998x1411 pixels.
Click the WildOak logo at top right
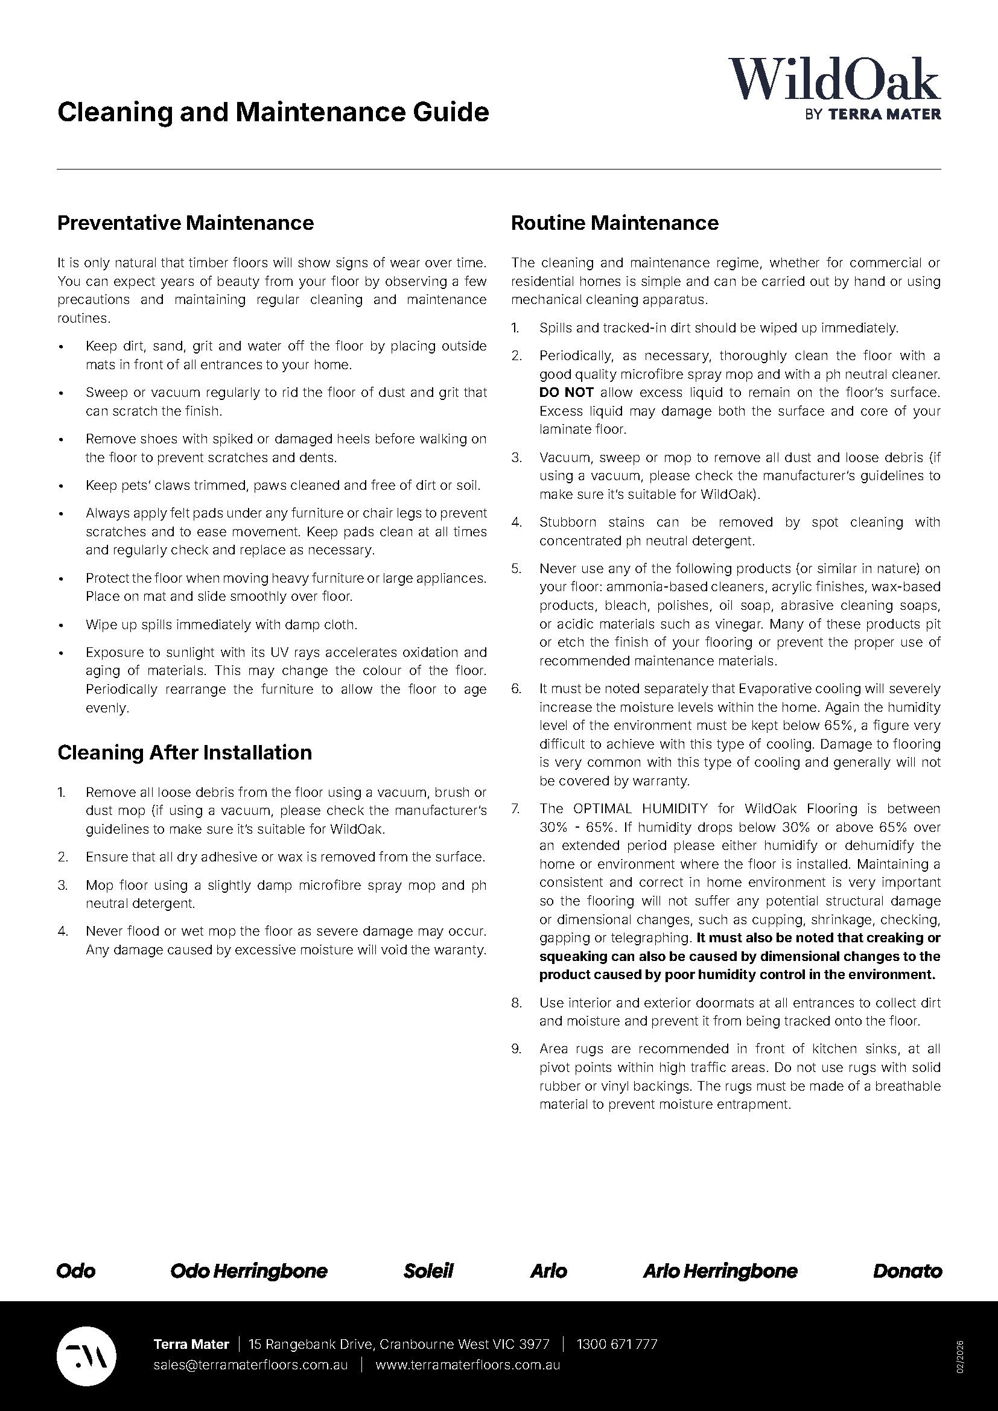click(834, 80)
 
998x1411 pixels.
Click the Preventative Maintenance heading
click(185, 223)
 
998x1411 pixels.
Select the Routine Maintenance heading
click(614, 223)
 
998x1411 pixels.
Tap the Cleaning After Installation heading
click(185, 753)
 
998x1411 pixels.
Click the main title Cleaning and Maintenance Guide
click(273, 112)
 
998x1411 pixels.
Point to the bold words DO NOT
click(566, 393)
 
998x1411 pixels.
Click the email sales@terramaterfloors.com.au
click(251, 1365)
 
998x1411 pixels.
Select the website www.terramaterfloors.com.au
click(468, 1365)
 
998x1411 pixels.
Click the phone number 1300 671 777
click(617, 1344)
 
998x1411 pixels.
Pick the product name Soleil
click(428, 1271)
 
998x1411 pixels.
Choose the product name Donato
click(907, 1271)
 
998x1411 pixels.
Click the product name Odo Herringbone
click(249, 1271)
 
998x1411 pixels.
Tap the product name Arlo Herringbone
click(720, 1271)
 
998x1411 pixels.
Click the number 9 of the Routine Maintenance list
click(516, 1049)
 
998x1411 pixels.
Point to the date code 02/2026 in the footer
click(960, 1356)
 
